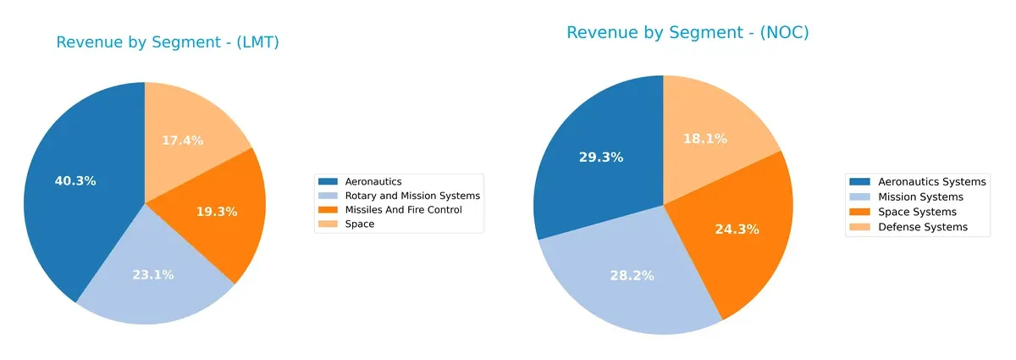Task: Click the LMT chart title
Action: [x=168, y=42]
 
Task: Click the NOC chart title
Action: [x=687, y=33]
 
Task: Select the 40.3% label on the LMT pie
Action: [x=75, y=180]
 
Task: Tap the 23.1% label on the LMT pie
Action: [x=152, y=274]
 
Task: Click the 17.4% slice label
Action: [x=182, y=140]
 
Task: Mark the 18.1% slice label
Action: [x=705, y=138]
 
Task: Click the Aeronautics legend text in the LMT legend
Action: [x=373, y=181]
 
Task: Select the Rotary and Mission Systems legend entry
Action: [x=411, y=196]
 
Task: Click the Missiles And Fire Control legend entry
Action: [x=403, y=209]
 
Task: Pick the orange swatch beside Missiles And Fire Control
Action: [x=328, y=209]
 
